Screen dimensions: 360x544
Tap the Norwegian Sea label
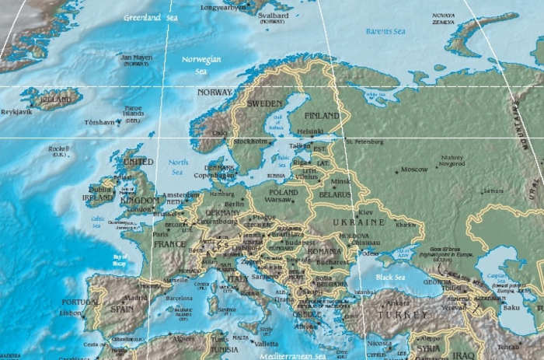click(x=202, y=64)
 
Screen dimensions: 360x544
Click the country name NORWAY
click(x=214, y=92)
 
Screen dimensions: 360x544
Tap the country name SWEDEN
click(x=264, y=103)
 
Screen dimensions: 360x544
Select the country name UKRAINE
click(x=359, y=222)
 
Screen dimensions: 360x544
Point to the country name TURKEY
click(x=401, y=314)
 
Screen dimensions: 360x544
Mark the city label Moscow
click(x=413, y=169)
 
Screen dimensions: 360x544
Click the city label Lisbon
click(x=70, y=313)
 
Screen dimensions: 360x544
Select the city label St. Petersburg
click(x=365, y=142)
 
